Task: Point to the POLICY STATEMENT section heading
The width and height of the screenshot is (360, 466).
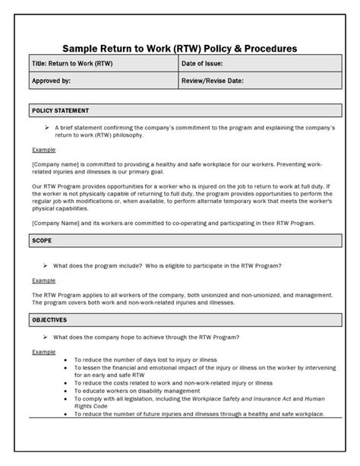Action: click(60, 110)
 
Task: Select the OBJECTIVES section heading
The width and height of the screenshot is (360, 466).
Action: click(49, 320)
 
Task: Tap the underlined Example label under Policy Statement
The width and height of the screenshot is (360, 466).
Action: click(43, 150)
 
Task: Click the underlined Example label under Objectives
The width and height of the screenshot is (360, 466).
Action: click(43, 352)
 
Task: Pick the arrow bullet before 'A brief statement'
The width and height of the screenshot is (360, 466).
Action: click(47, 128)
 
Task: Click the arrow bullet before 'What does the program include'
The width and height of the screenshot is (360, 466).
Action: click(47, 265)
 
